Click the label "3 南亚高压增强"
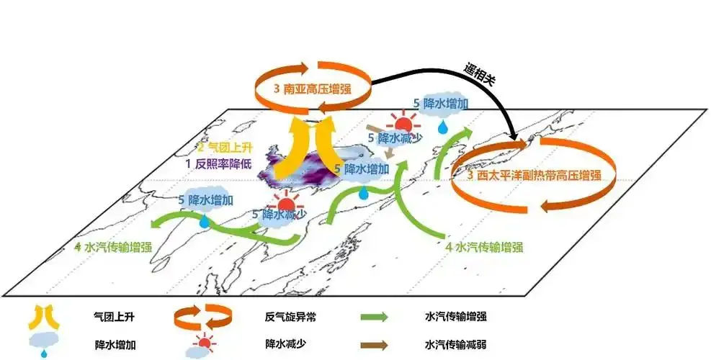[x=312, y=88]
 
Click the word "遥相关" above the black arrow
[x=480, y=74]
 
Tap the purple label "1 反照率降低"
[x=218, y=163]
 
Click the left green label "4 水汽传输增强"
[x=113, y=247]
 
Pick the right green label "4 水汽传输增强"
[x=484, y=247]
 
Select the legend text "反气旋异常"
[x=290, y=317]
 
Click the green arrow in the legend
[x=375, y=317]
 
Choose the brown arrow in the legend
[x=375, y=345]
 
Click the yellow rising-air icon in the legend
[x=43, y=317]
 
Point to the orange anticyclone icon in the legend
[x=202, y=317]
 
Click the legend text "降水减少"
[x=285, y=343]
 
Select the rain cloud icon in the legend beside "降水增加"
[x=45, y=345]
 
